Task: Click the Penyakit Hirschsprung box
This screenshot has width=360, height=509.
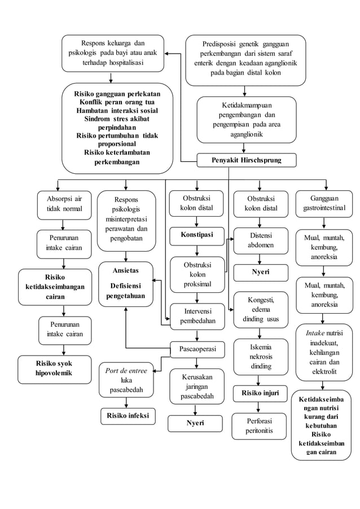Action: pos(246,161)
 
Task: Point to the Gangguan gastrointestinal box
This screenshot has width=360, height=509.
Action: pos(324,204)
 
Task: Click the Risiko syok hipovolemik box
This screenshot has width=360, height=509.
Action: pos(55,369)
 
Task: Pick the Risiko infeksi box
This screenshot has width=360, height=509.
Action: pos(128,416)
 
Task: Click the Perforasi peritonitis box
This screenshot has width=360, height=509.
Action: pos(260,426)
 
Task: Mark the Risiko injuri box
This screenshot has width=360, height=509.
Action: pos(260,393)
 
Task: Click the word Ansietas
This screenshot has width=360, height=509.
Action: pos(126,271)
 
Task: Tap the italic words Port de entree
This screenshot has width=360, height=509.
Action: pos(126,371)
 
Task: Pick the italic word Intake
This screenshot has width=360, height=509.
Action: pos(315,332)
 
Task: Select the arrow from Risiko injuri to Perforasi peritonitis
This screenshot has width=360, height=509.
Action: pos(260,407)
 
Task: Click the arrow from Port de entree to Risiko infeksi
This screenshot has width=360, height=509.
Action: pos(126,402)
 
